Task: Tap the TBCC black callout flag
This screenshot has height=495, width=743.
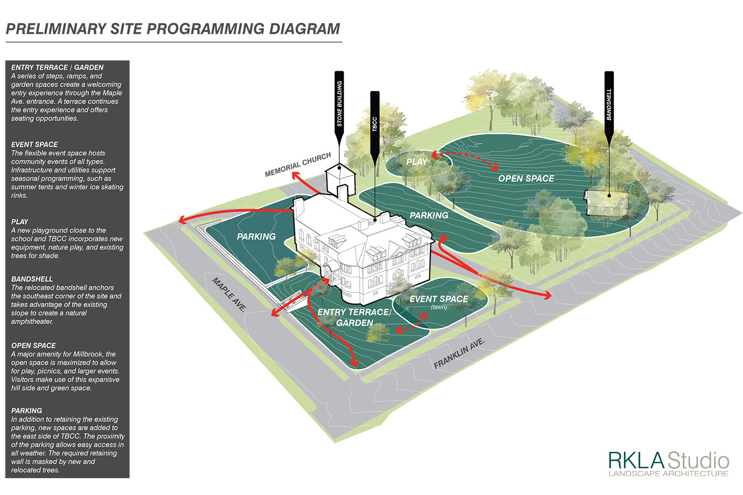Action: point(375,119)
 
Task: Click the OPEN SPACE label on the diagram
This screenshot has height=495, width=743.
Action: point(526,179)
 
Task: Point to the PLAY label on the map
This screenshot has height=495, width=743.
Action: point(417,162)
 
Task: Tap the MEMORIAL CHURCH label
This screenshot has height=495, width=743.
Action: point(298,165)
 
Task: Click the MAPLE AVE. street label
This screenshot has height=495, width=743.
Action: point(229,295)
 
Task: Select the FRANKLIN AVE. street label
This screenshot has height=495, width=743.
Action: point(459,353)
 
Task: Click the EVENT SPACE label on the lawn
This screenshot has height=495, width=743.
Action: point(438,299)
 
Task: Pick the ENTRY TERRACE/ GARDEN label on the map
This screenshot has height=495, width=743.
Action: point(354,317)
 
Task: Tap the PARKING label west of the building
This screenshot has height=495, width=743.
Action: point(256,237)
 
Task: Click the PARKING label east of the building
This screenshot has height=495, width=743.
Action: point(429,215)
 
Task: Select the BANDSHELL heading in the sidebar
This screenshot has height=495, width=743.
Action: point(32,279)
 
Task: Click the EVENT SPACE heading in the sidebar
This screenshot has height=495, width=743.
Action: point(35,145)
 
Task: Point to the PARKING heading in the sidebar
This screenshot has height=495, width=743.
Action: point(27,411)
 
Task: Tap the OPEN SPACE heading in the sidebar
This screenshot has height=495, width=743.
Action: point(34,346)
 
